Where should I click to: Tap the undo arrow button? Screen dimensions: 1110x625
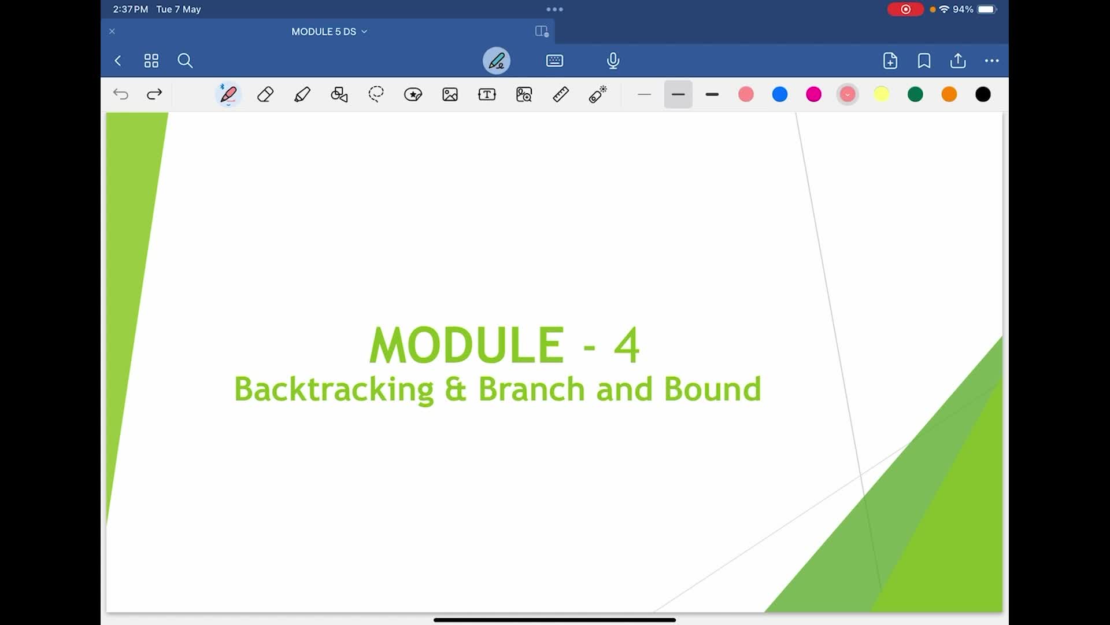click(121, 94)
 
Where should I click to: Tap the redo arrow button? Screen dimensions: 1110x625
click(154, 94)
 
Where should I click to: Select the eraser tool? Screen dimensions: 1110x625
click(265, 94)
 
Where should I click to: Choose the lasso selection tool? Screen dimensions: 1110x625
click(376, 94)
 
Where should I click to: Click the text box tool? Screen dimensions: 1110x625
click(487, 94)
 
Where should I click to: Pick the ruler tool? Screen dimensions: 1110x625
click(561, 94)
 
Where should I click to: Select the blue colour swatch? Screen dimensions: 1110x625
click(780, 94)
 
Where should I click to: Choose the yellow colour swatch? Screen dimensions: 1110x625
click(882, 94)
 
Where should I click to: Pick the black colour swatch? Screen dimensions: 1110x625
click(983, 94)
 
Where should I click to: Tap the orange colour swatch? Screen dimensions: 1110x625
click(949, 94)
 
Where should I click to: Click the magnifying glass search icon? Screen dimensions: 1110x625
click(185, 61)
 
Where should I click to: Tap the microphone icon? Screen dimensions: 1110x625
click(613, 61)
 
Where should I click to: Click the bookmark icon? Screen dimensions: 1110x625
click(924, 61)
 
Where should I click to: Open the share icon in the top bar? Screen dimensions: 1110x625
click(958, 61)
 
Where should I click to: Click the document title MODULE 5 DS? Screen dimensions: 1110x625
click(324, 32)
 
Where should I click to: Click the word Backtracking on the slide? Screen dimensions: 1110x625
click(334, 389)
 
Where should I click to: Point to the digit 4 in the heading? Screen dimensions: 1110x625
click(627, 345)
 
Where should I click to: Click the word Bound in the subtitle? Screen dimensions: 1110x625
click(712, 389)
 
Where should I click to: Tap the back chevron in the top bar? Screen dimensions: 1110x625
click(118, 61)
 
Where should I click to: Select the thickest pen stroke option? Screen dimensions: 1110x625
click(712, 94)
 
